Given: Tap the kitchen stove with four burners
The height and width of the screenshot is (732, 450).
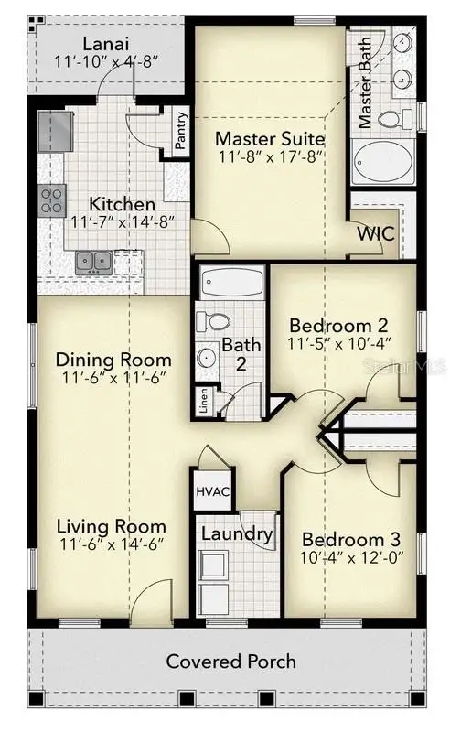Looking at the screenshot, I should coord(50,200).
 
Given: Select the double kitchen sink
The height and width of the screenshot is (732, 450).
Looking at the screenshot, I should coord(92,262).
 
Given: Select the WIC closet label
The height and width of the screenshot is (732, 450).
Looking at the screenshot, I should coord(376,232).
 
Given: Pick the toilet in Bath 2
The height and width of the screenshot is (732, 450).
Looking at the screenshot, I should coord(216,321).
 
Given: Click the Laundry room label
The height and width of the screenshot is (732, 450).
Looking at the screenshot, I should coord(237,534).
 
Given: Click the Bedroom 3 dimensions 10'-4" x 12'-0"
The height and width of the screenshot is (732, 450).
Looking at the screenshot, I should coord(351,556).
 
